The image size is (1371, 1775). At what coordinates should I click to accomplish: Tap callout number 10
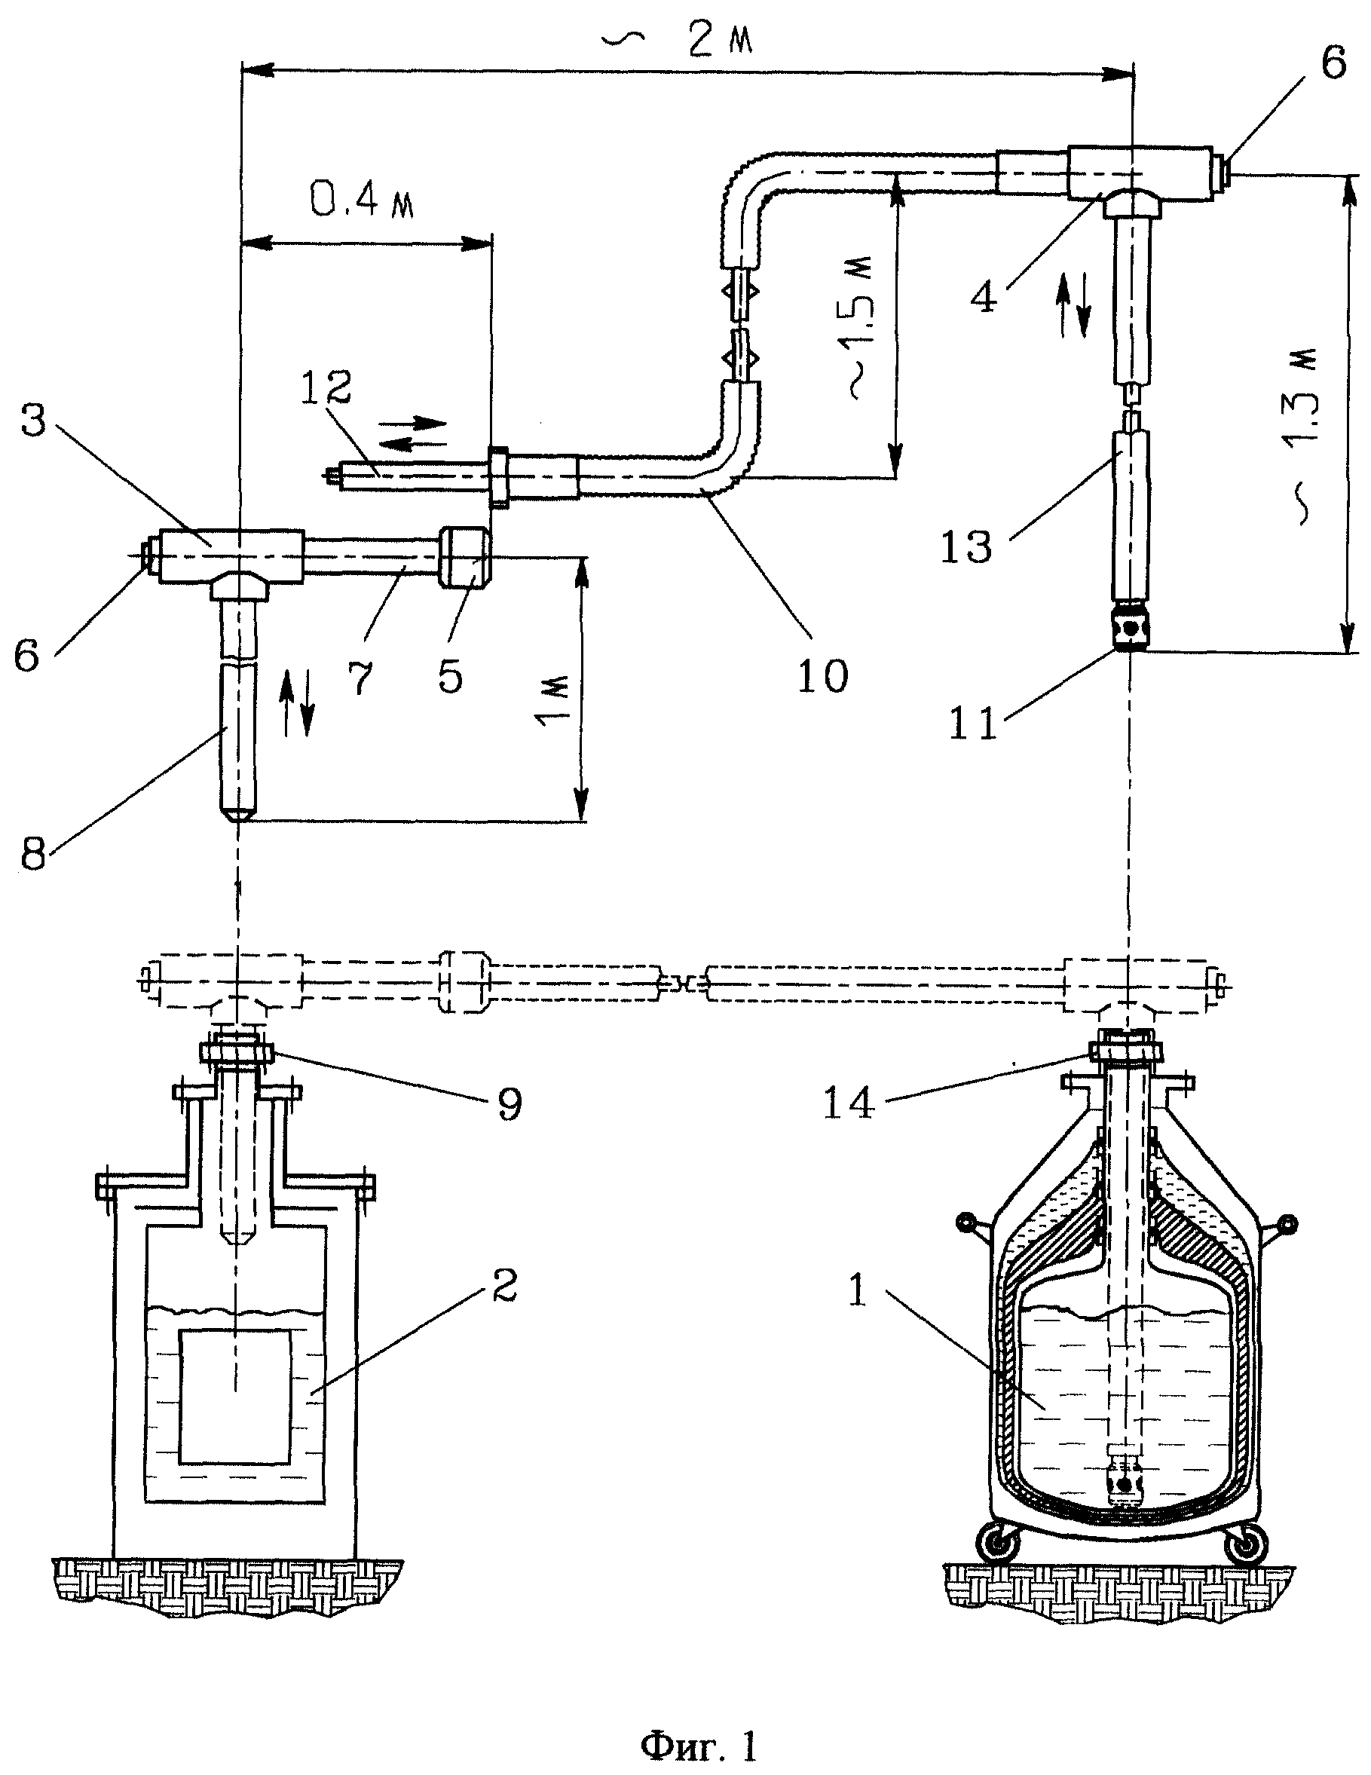(x=822, y=675)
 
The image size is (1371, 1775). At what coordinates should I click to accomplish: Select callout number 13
(x=966, y=547)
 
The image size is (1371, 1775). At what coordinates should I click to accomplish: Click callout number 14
(x=849, y=1103)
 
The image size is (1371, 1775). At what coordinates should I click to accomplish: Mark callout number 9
(x=510, y=1103)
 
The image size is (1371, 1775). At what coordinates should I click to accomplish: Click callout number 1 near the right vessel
(x=858, y=1290)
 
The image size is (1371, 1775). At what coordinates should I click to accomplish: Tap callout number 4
(x=984, y=298)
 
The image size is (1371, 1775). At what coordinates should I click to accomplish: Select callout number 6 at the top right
(x=1332, y=63)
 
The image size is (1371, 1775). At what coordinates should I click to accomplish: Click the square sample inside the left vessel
(x=235, y=1397)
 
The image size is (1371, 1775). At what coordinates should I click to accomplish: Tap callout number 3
(x=33, y=421)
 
